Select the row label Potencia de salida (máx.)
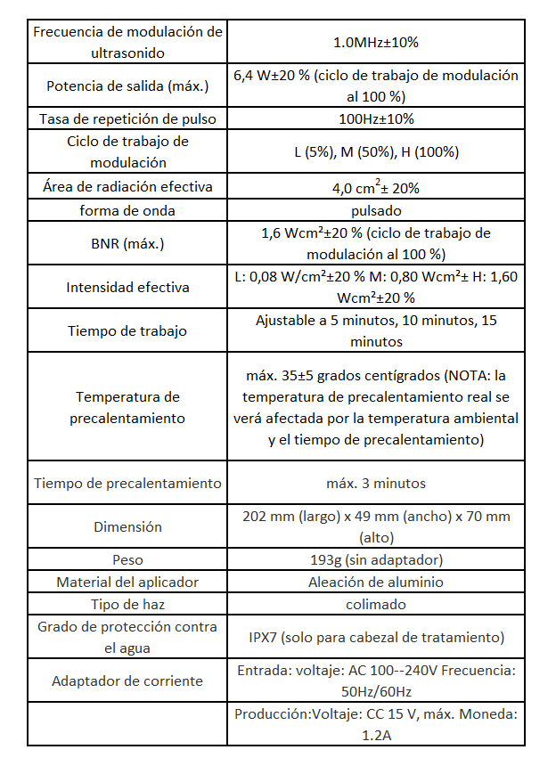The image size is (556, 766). coord(127,86)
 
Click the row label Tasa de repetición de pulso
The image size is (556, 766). coord(127,118)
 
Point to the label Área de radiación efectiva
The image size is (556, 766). coord(127,187)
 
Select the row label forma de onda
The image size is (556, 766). coord(127,211)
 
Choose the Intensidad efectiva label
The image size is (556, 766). coord(127,288)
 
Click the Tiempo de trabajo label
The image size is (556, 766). coord(127,331)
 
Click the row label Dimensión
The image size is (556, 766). coord(127,527)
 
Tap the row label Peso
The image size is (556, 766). coord(127,560)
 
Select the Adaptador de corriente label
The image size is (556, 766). coord(127,681)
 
